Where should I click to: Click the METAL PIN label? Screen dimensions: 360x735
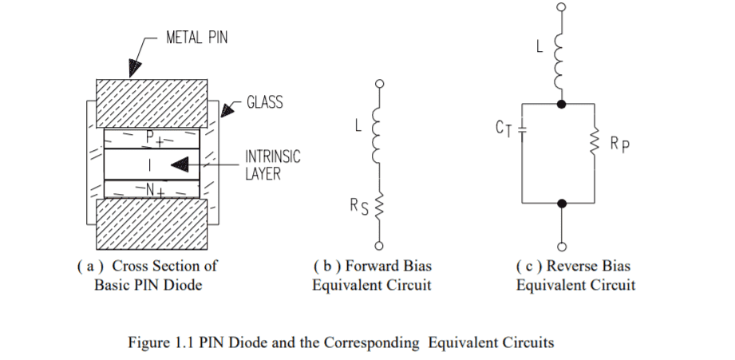196,38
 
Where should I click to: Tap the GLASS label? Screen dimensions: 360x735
264,102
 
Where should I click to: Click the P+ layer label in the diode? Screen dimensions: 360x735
151,136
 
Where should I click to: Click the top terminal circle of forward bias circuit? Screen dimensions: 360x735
380,82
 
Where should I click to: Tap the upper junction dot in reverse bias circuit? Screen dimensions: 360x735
563,104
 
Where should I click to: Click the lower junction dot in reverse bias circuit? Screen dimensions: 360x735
563,204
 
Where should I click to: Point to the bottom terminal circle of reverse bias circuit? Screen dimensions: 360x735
563,245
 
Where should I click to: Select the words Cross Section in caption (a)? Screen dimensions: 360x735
156,266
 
